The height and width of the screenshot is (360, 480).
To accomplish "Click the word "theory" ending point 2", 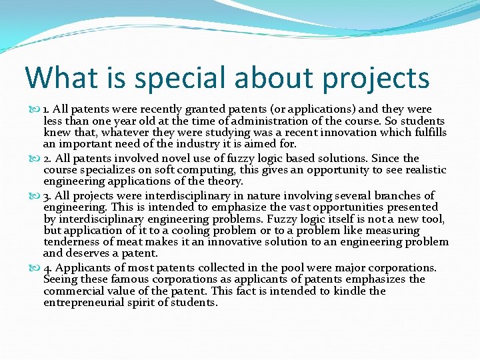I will click(225, 182).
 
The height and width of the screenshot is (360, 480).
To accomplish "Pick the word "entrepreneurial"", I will click(89, 303).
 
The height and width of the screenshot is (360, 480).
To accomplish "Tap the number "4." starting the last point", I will click(48, 267).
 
